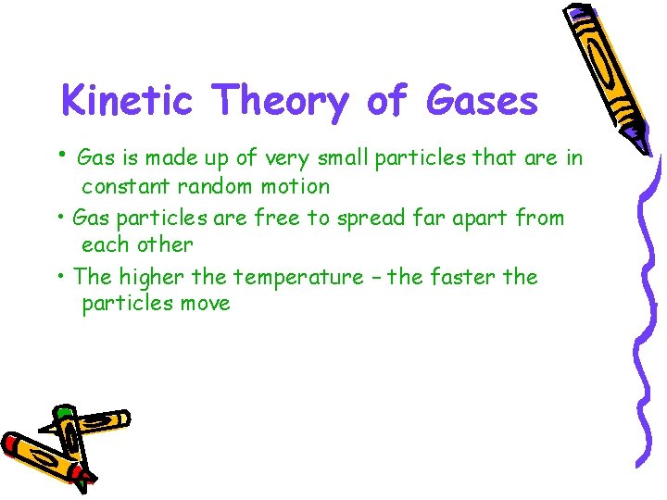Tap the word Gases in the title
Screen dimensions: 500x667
[x=482, y=100]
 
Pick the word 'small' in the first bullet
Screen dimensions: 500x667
[x=342, y=157]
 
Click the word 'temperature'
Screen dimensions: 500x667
[x=298, y=277]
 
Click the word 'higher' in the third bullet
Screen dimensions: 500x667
[x=145, y=277]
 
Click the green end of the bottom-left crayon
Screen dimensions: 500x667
[x=63, y=413]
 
